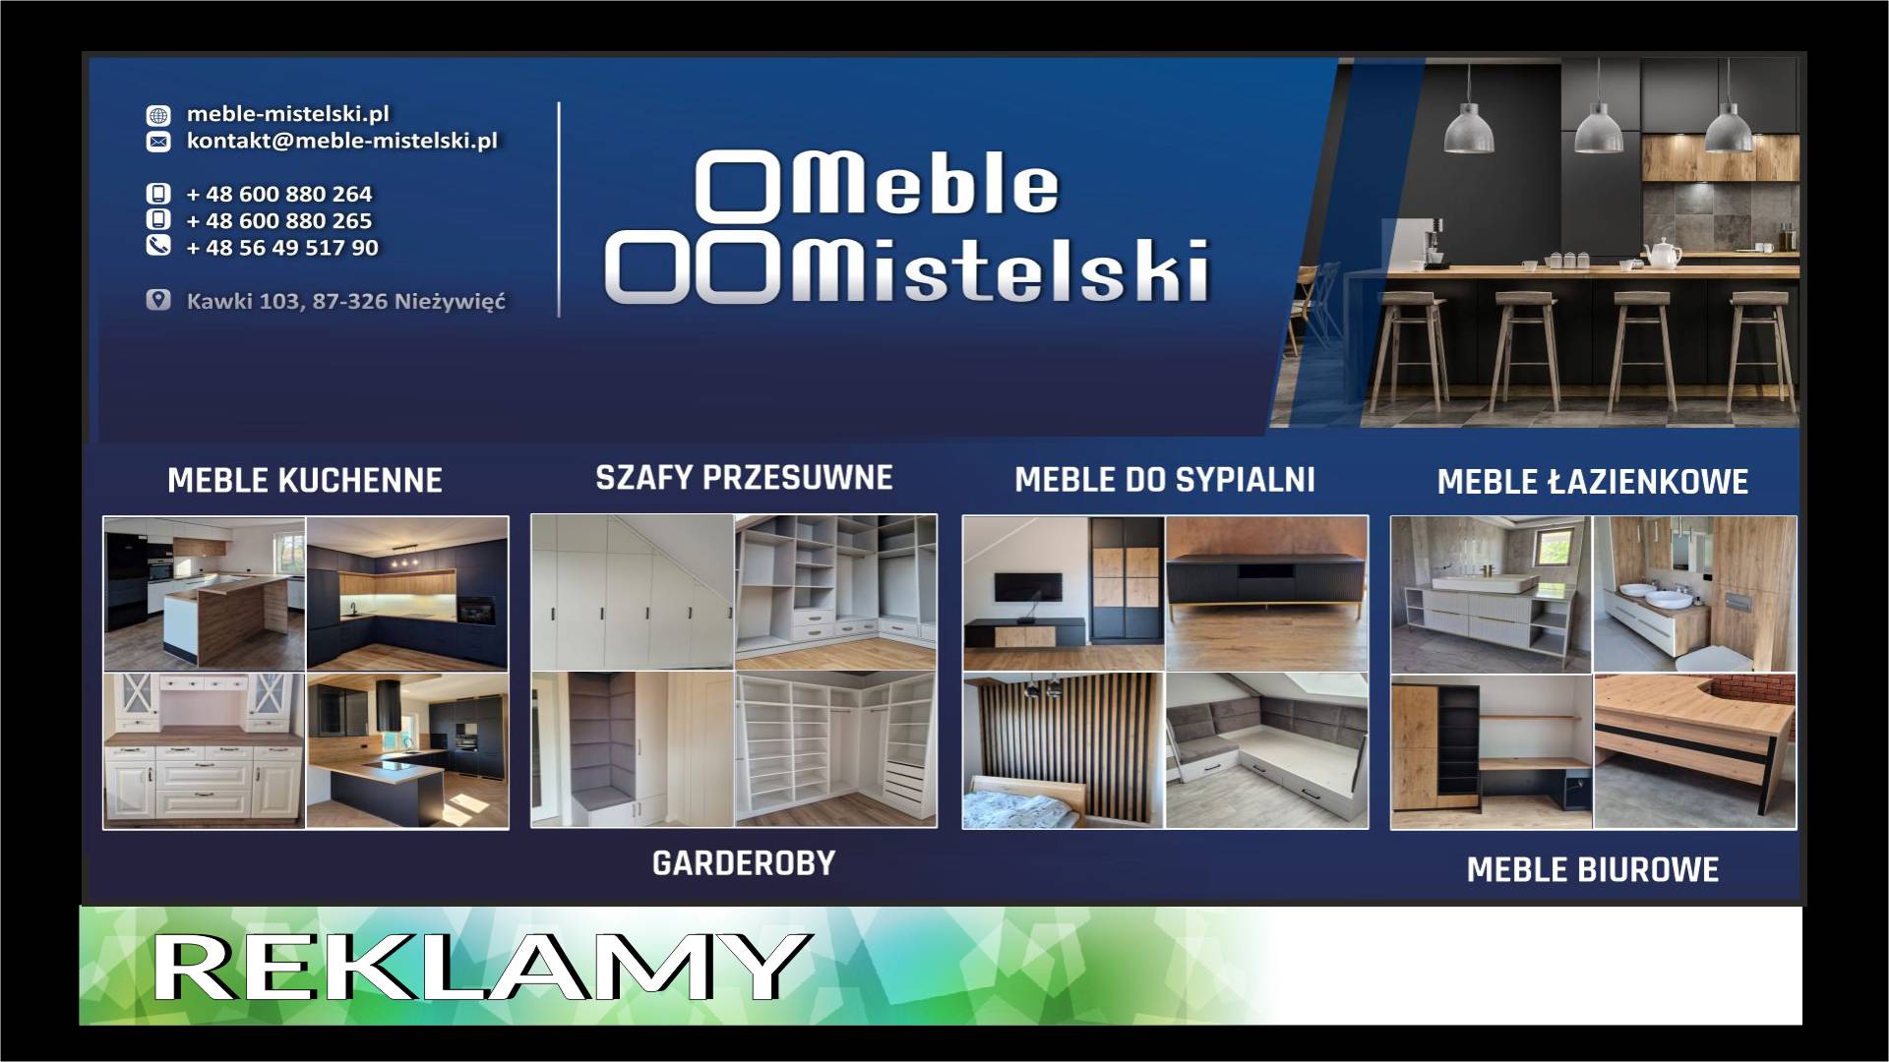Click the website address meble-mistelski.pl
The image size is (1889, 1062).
[x=288, y=114]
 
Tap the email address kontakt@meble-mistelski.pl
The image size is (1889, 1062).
[x=342, y=141]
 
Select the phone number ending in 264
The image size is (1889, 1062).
[x=279, y=194]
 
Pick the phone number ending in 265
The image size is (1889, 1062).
[x=279, y=220]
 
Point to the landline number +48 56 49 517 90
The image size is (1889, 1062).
[x=282, y=247]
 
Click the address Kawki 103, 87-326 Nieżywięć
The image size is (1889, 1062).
[x=346, y=301]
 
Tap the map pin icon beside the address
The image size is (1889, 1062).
[x=158, y=300]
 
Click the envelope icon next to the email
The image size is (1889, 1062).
[x=158, y=142]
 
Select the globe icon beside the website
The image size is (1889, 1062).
[x=158, y=115]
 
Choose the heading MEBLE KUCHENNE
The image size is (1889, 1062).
[x=305, y=481]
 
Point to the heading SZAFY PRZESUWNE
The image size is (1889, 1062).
[x=744, y=478]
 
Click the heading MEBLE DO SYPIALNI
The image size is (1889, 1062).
[x=1165, y=480]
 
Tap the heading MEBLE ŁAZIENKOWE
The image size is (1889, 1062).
[x=1593, y=481]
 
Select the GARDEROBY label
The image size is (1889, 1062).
[x=744, y=863]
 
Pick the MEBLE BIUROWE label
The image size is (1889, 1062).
[x=1593, y=870]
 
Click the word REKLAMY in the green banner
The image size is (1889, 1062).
[x=479, y=967]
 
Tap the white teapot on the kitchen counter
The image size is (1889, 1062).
[x=1664, y=254]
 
